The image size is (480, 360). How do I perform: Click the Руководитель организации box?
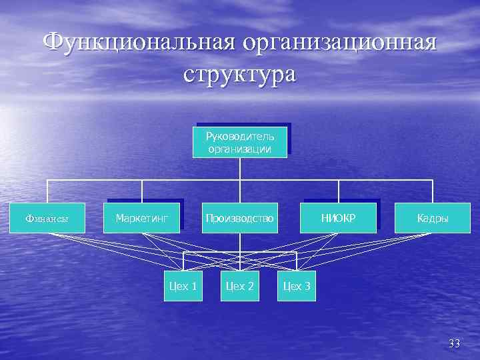(x=240, y=142)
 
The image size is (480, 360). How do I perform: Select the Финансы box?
(x=47, y=218)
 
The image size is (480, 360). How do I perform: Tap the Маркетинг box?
(x=143, y=217)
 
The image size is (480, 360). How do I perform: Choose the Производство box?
(x=240, y=218)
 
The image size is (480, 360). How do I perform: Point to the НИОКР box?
(x=339, y=217)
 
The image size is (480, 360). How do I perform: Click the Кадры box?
(x=433, y=218)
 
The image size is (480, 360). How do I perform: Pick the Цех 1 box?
(x=183, y=287)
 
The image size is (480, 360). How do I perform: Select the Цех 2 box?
(x=240, y=287)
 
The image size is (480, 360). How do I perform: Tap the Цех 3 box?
(x=297, y=287)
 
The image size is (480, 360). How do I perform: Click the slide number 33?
(x=455, y=344)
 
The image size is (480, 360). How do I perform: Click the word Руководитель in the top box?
(x=240, y=137)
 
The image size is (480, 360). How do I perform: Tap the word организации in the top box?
(x=240, y=149)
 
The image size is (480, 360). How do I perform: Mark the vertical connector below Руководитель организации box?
(x=240, y=168)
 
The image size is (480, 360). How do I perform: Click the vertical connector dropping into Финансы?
(x=47, y=191)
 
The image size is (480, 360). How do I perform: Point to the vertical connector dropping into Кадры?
(x=433, y=191)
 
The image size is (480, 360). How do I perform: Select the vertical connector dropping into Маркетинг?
(x=143, y=191)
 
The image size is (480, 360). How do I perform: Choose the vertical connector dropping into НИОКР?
(x=339, y=191)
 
